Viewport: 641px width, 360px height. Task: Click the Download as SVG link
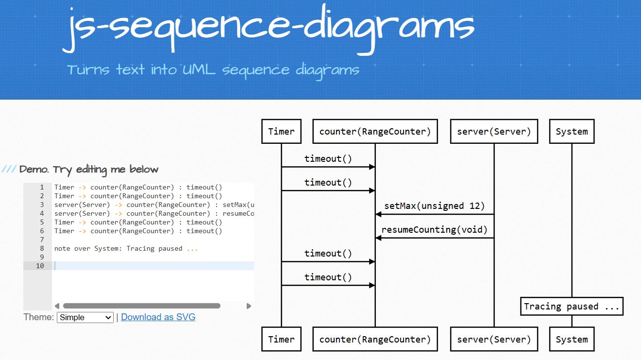tap(158, 317)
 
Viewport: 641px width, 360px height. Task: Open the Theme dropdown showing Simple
tap(85, 317)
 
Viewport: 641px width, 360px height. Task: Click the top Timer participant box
tap(281, 132)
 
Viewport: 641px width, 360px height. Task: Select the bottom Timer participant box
tap(281, 340)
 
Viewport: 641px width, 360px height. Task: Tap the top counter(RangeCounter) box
tap(375, 132)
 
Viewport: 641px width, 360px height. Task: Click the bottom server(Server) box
tap(494, 340)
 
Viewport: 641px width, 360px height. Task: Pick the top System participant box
tap(572, 132)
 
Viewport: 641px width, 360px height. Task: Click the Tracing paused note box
tap(572, 307)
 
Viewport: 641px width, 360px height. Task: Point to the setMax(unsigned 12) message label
tap(435, 206)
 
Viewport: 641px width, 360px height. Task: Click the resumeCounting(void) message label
tap(435, 230)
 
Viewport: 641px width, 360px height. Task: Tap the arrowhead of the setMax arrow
tap(378, 214)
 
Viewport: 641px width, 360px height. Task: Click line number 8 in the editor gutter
tap(42, 248)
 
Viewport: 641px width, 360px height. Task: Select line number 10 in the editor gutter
tap(40, 266)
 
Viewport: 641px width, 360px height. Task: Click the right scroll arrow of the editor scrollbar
tap(249, 306)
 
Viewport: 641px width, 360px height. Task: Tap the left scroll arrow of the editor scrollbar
tap(57, 306)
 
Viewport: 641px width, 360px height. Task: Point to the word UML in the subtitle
tap(199, 69)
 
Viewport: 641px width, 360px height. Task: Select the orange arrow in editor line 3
tap(118, 205)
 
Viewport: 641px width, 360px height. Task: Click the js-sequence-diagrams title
tap(269, 29)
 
